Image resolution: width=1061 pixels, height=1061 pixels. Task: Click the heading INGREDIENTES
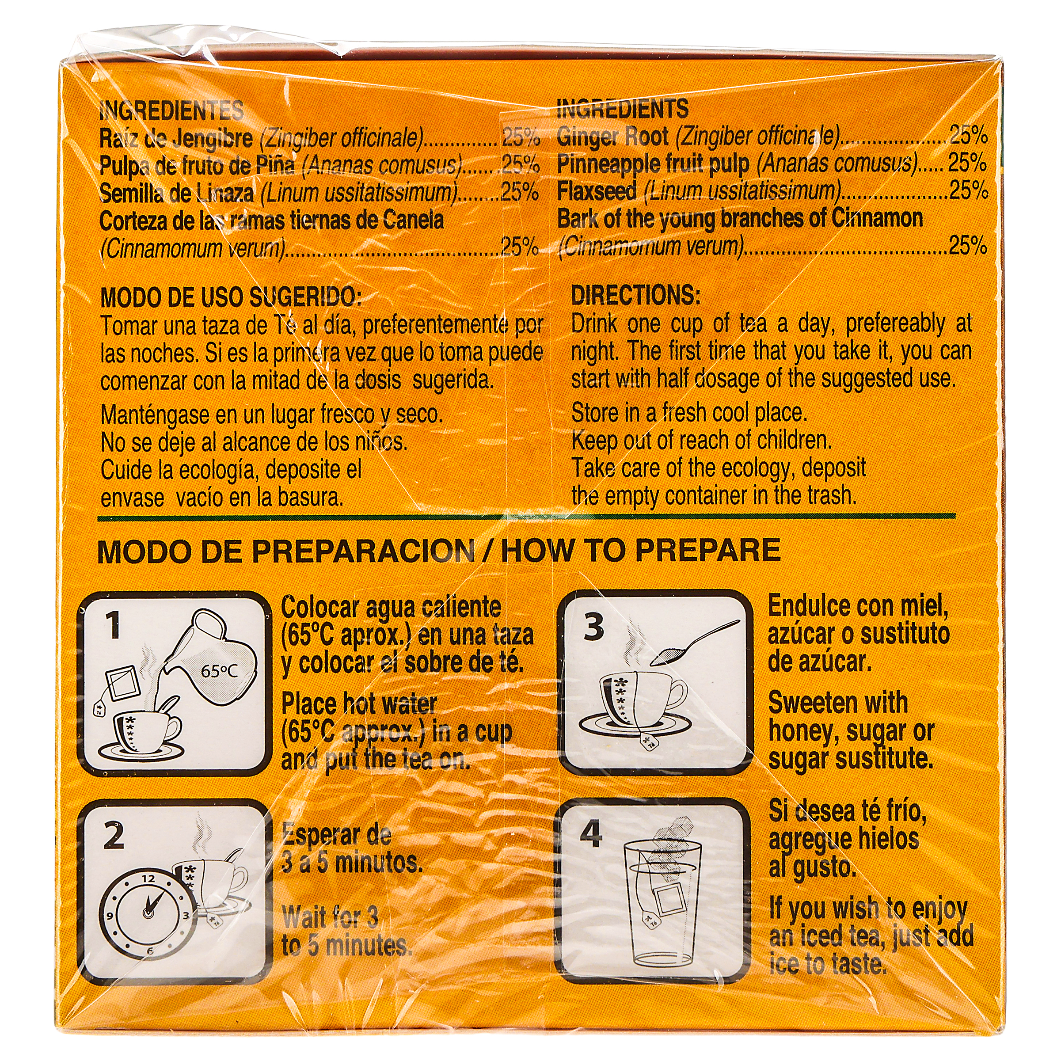(171, 110)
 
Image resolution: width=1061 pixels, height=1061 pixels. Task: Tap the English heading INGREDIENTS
(622, 109)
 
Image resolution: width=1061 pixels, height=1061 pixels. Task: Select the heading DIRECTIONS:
(636, 296)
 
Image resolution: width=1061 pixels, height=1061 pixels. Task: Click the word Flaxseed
(597, 191)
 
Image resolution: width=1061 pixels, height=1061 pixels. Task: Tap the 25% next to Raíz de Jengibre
(520, 137)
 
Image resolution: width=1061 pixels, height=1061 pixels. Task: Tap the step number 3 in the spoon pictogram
(593, 627)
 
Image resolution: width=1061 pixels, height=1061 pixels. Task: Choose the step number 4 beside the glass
(591, 835)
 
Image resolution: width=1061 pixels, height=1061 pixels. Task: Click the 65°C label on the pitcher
(219, 671)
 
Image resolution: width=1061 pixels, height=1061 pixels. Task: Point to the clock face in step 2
(148, 913)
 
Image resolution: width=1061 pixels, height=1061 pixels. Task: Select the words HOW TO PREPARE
(641, 550)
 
